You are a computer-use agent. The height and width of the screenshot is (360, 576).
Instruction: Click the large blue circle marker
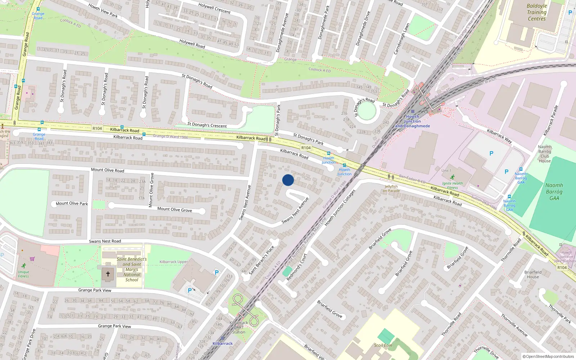[x=288, y=180]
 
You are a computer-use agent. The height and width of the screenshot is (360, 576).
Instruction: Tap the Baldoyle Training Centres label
[x=536, y=12]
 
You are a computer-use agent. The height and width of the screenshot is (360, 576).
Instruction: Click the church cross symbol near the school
[x=108, y=274]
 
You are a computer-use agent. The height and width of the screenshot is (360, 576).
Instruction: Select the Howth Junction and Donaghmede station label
[x=413, y=121]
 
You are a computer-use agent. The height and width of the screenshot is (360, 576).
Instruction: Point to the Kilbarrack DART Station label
[x=238, y=327]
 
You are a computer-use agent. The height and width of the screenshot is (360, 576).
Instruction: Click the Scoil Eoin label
[x=383, y=345]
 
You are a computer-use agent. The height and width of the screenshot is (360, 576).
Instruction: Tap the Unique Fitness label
[x=23, y=274]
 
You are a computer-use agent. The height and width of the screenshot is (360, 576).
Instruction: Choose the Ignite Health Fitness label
[x=453, y=185]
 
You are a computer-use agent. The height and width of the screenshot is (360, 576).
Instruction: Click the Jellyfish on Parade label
[x=391, y=189]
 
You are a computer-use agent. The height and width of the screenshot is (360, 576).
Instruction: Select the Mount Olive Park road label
[x=72, y=203]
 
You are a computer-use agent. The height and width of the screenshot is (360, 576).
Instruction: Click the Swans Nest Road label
[x=105, y=241]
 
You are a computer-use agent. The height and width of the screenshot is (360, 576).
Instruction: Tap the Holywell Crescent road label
[x=215, y=8]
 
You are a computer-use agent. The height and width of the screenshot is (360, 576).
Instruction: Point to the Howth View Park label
[x=103, y=10]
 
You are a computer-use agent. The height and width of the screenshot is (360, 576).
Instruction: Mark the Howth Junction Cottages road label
[x=340, y=208]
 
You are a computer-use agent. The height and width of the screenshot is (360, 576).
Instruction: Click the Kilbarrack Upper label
[x=174, y=262]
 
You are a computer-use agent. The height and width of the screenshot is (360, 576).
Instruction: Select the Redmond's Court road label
[x=297, y=267]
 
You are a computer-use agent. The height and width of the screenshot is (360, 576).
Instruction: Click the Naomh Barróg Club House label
[x=545, y=154]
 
